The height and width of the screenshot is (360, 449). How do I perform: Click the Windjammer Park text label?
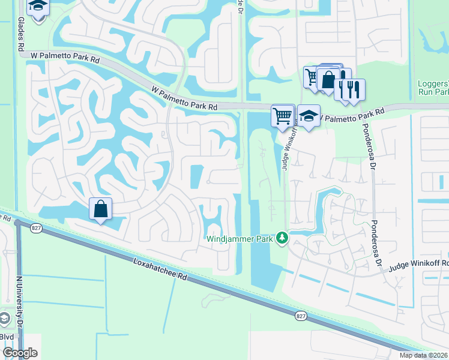pyautogui.click(x=240, y=239)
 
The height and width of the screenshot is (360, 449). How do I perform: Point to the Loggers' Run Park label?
pyautogui.click(x=433, y=88)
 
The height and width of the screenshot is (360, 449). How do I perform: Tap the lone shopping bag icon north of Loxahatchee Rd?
pyautogui.click(x=101, y=209)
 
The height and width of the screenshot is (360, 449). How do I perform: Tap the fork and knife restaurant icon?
pyautogui.click(x=354, y=89)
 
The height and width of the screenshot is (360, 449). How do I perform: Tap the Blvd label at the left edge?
pyautogui.click(x=8, y=337)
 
